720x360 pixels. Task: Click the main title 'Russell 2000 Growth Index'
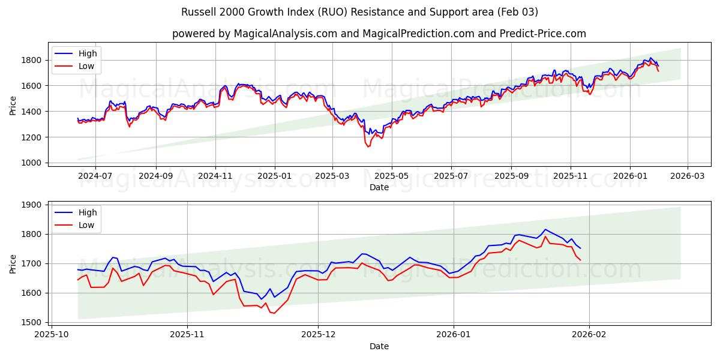coord(359,12)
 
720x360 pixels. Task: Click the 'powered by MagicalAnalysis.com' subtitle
coord(379,34)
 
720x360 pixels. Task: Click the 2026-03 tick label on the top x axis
coord(687,176)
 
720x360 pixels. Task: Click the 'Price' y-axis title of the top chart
coord(13,106)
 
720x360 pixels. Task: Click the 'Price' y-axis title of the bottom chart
coord(13,264)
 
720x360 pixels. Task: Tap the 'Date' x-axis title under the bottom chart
coord(379,346)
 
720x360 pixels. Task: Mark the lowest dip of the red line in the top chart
coord(368,146)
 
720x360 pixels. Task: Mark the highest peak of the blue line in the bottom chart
coord(545,229)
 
